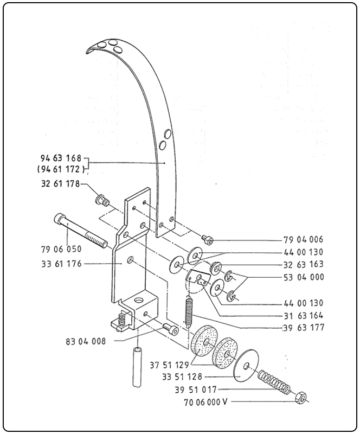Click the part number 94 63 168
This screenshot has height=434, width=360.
click(60, 158)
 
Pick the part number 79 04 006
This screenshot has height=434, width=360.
click(303, 239)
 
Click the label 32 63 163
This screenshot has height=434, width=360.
click(303, 264)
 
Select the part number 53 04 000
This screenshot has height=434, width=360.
click(303, 277)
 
